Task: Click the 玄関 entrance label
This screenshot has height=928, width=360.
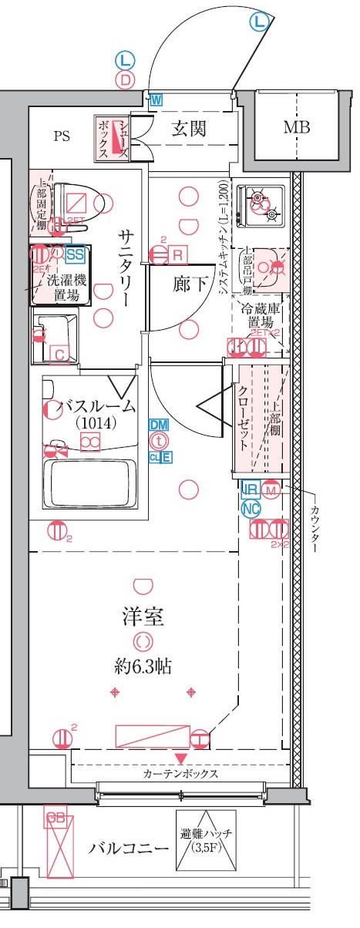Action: click(x=188, y=128)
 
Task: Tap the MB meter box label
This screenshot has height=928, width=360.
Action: click(x=295, y=127)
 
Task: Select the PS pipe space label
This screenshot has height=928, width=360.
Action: click(x=62, y=136)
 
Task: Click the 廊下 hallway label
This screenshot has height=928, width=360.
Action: click(x=189, y=283)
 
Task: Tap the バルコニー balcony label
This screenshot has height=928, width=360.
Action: click(x=128, y=849)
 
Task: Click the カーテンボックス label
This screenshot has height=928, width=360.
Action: click(x=180, y=773)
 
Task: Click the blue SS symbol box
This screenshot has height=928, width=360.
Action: click(x=75, y=254)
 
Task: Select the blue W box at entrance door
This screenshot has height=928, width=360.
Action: click(x=156, y=99)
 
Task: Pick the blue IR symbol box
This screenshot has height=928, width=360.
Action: click(x=250, y=489)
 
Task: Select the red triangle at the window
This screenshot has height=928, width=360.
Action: click(x=180, y=760)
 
